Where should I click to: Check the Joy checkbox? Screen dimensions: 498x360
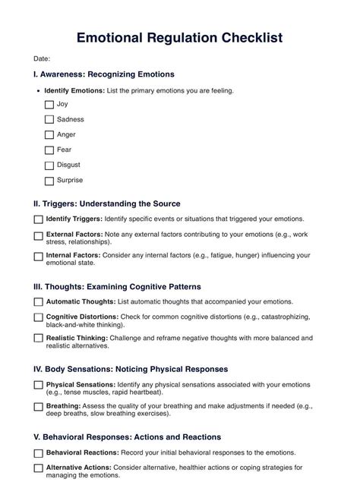[49, 105]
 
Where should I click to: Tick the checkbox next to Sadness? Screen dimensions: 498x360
[49, 120]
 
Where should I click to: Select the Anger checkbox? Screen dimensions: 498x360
[49, 135]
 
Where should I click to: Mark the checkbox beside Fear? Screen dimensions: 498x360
[49, 150]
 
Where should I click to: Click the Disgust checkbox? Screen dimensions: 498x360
[49, 165]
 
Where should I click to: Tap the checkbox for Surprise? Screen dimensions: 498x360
[49, 181]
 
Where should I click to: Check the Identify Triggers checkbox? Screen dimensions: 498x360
[39, 219]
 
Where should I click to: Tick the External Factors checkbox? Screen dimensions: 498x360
[39, 235]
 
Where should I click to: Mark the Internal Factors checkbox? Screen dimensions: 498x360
[39, 257]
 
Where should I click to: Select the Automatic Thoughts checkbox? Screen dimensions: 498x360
[39, 301]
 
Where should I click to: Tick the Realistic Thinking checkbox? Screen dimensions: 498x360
[39, 338]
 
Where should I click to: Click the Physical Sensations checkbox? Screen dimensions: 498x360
[39, 385]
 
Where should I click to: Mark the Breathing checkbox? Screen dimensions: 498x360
[39, 406]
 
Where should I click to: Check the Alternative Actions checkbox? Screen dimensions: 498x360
[39, 468]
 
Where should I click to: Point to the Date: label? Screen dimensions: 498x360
[42, 58]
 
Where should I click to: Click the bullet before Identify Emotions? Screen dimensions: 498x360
[39, 90]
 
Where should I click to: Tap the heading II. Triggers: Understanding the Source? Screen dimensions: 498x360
[106, 203]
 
